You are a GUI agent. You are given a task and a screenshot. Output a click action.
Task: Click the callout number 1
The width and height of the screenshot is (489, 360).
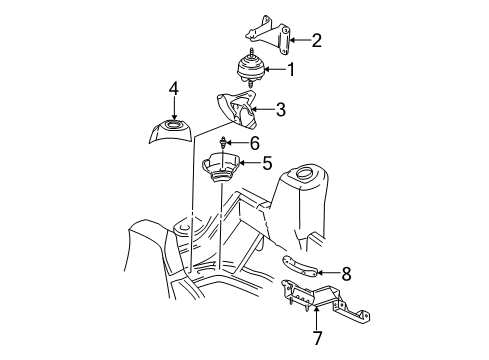[291, 70]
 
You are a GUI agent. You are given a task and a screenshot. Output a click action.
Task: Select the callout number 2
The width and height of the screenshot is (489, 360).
[316, 41]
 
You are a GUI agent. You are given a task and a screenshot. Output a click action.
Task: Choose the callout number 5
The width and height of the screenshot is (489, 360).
[267, 163]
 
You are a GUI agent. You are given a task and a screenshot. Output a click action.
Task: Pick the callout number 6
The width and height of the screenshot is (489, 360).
[254, 143]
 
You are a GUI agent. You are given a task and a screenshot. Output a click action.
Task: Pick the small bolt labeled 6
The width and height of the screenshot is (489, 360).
[220, 144]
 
